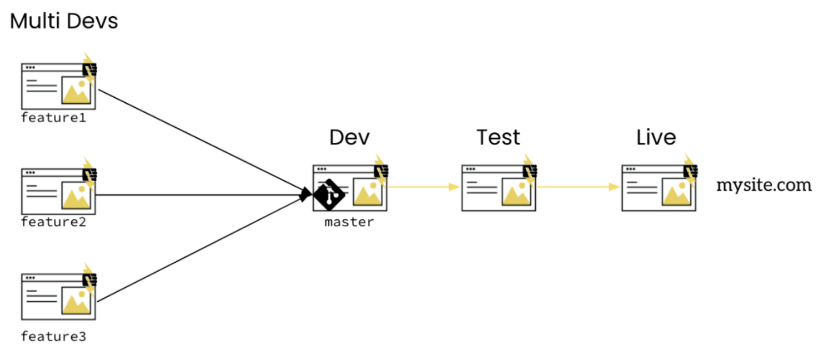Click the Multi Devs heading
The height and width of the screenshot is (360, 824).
[x=64, y=22]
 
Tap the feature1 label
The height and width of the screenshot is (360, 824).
[x=53, y=118]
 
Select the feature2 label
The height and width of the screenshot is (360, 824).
[x=53, y=222]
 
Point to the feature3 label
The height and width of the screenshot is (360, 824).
[x=53, y=337]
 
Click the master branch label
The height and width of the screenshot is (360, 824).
[x=349, y=222]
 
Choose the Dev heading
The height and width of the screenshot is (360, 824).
[x=349, y=137]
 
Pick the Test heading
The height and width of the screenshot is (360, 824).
[x=498, y=137]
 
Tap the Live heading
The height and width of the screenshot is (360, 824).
[x=656, y=137]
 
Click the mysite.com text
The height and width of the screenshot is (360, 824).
[x=763, y=185]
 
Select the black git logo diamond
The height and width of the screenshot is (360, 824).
[x=329, y=195]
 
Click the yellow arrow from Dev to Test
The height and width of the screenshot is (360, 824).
[x=424, y=187]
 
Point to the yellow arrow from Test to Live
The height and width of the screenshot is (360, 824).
[x=578, y=187]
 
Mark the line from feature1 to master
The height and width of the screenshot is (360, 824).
[x=200, y=142]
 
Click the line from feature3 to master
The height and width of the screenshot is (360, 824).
[x=200, y=249]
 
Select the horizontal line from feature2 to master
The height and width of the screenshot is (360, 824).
[x=200, y=195]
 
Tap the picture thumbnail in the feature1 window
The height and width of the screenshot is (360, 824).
[x=77, y=90]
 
